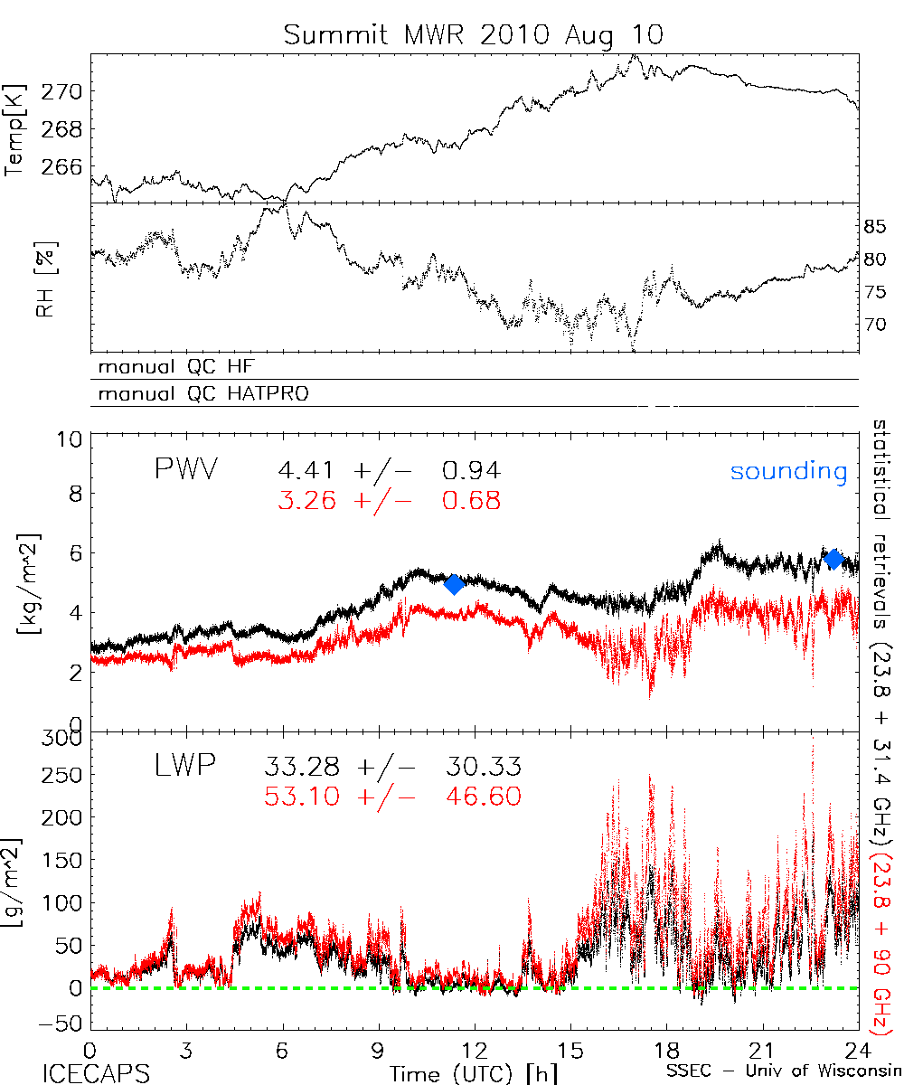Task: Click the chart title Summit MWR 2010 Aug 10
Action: pos(474,35)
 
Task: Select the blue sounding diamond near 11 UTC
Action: pos(455,584)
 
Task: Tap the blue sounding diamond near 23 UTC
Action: pos(834,559)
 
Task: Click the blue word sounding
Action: pos(788,471)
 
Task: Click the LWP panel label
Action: pos(184,767)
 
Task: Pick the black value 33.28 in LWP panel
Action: pos(302,769)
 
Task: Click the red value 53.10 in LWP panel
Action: pos(302,797)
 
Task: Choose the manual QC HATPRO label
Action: pos(198,394)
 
